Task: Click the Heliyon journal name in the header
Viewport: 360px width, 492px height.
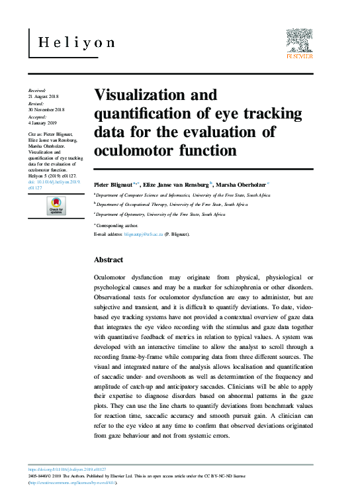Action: (76, 42)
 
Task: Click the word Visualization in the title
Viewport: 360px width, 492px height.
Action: (135, 95)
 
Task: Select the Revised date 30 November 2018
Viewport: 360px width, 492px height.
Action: (46, 110)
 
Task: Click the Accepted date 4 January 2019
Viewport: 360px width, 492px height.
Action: (44, 123)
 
